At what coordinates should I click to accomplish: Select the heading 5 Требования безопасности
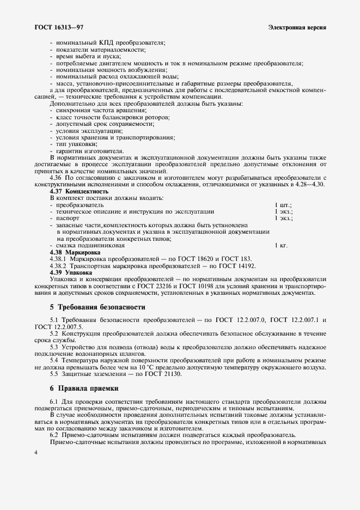[x=97, y=307]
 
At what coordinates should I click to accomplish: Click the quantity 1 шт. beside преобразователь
[x=284, y=205]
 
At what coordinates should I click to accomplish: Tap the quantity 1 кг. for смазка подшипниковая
[x=281, y=246]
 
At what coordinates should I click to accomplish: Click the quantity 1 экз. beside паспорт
[x=284, y=218]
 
